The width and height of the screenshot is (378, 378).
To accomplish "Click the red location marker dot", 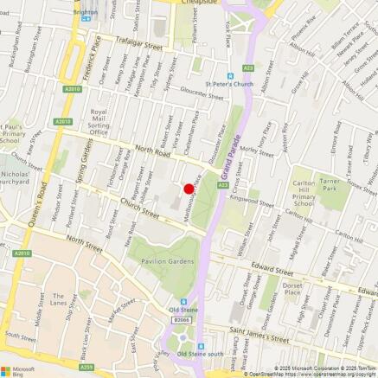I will point(189,189).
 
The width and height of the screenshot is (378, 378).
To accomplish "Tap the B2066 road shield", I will point(181,320).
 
